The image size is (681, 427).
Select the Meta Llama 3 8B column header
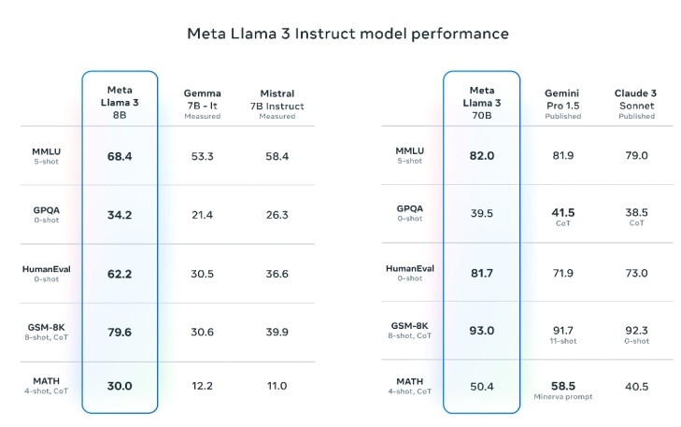pyautogui.click(x=120, y=103)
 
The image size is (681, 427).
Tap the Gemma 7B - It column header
pyautogui.click(x=203, y=105)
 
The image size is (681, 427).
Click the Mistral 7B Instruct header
pyautogui.click(x=277, y=105)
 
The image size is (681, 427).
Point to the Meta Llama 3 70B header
pyautogui.click(x=482, y=103)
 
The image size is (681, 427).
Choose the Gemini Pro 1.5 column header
pyautogui.click(x=563, y=105)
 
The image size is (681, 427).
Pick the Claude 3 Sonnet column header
pyautogui.click(x=636, y=105)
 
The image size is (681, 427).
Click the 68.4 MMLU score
pyautogui.click(x=120, y=156)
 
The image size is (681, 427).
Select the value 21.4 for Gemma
pyautogui.click(x=203, y=215)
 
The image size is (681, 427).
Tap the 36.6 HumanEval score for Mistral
pyautogui.click(x=277, y=274)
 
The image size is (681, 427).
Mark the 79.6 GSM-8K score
pyautogui.click(x=120, y=333)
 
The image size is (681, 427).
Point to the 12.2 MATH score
pyautogui.click(x=203, y=386)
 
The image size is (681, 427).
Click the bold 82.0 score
pyautogui.click(x=482, y=156)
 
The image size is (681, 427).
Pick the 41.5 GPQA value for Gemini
pyautogui.click(x=563, y=212)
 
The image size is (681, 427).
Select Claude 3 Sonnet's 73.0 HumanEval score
pyautogui.click(x=637, y=273)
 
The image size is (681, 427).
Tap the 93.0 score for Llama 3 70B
pyautogui.click(x=482, y=331)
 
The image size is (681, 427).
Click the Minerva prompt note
pyautogui.click(x=563, y=396)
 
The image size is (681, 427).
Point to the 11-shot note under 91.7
pyautogui.click(x=563, y=341)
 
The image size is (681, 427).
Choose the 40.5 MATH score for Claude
pyautogui.click(x=637, y=387)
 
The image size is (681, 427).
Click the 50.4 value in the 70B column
pyautogui.click(x=482, y=387)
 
